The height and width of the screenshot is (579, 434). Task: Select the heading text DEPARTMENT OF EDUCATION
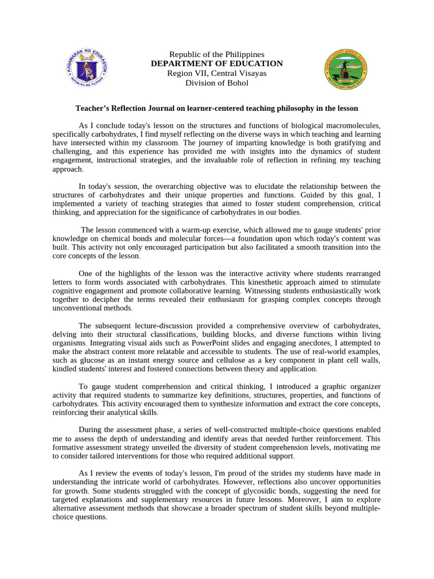pyautogui.click(x=216, y=64)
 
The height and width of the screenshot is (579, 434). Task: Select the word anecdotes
pyautogui.click(x=313, y=343)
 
